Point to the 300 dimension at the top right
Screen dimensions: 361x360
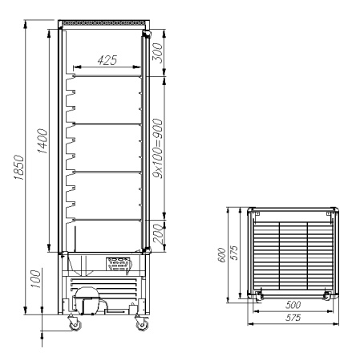[158, 54]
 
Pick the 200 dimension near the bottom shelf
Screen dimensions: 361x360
[158, 233]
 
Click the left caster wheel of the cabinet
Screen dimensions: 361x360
[75, 326]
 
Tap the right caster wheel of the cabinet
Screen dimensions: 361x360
[142, 326]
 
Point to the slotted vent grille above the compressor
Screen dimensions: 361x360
[119, 262]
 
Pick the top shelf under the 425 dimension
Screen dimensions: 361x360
[107, 77]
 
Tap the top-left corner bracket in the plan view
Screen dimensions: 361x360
[257, 213]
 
